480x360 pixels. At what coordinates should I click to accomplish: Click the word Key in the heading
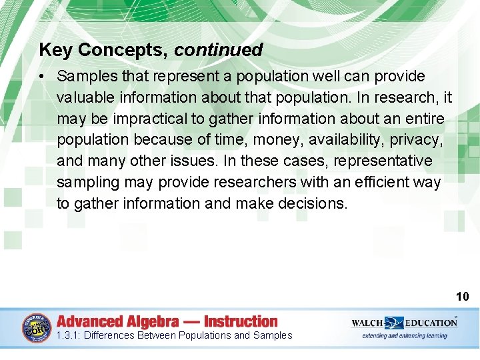(53, 50)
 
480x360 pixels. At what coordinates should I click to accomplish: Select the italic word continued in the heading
(219, 50)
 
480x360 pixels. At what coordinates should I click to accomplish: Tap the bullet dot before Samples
(42, 77)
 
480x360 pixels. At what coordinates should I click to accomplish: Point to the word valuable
(86, 98)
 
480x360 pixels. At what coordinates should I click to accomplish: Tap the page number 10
(463, 297)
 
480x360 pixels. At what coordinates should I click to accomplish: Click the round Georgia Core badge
(36, 328)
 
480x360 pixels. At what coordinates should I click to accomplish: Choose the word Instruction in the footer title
(241, 321)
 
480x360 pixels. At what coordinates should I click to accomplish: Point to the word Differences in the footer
(108, 335)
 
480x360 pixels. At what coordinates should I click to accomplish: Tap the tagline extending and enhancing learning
(405, 335)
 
